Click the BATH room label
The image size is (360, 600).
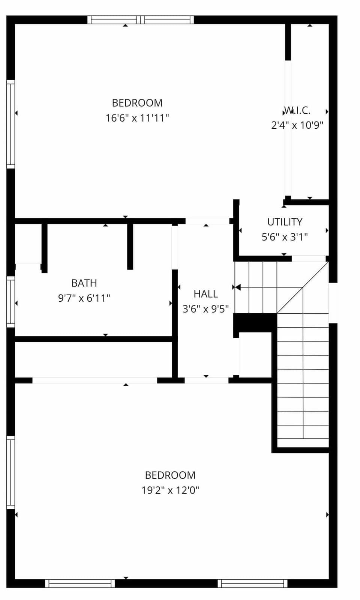coord(84,283)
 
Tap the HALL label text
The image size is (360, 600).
coord(205,294)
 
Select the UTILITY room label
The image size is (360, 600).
coord(285,222)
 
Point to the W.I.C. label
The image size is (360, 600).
coord(297,110)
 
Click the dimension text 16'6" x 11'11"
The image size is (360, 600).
coord(137,118)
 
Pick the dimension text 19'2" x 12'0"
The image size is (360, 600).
coord(170,490)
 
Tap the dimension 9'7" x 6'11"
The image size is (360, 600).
coord(84,298)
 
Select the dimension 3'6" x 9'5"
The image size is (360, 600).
coord(205,309)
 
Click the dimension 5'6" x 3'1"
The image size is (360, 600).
coord(285,237)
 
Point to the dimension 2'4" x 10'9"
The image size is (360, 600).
coord(297,125)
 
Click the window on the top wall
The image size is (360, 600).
coord(141,20)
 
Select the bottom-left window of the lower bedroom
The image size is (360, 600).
coord(80,583)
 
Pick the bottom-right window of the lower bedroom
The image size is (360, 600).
coord(252,583)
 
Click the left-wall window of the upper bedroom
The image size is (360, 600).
coord(10,124)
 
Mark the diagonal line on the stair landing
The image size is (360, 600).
coord(303,287)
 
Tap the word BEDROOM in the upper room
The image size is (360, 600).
coord(137,103)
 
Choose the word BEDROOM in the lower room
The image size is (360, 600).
coord(170,475)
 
